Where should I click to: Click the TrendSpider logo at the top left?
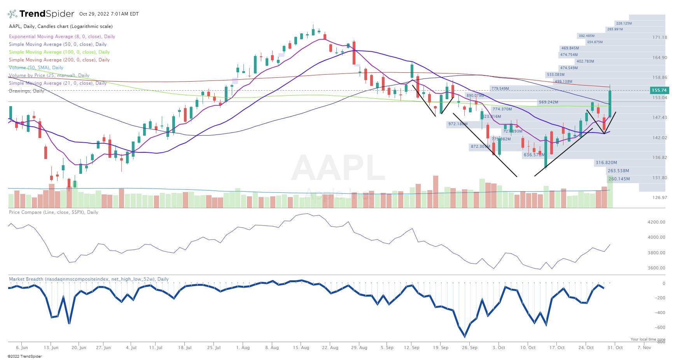[x=41, y=14]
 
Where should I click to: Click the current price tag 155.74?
[x=659, y=90]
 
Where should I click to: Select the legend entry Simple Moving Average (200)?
[x=59, y=60]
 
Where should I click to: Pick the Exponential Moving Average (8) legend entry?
[x=62, y=37]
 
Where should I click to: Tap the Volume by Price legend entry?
[x=49, y=75]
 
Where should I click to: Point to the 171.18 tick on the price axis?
[x=660, y=37]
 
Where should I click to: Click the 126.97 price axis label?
[x=660, y=197]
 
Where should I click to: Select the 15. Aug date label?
[x=301, y=348]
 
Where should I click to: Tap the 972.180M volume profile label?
[x=458, y=124]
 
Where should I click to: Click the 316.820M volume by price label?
[x=606, y=163]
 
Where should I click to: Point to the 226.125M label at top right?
[x=624, y=23]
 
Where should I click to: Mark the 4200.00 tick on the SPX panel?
[x=656, y=222]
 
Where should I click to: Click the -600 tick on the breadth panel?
[x=661, y=327]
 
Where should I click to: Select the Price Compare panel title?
[x=53, y=212]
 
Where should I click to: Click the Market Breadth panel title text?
[x=89, y=279]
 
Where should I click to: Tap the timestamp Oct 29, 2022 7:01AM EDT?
[x=109, y=14]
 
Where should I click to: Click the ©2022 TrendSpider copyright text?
[x=24, y=356]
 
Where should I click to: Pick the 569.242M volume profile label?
[x=548, y=102]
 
